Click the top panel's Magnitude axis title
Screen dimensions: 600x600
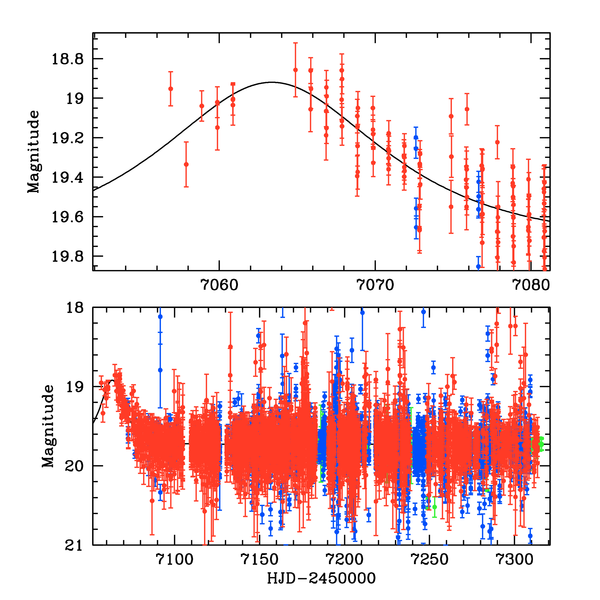34,152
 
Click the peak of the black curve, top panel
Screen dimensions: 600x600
271,83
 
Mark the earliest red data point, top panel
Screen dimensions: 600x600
170,89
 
